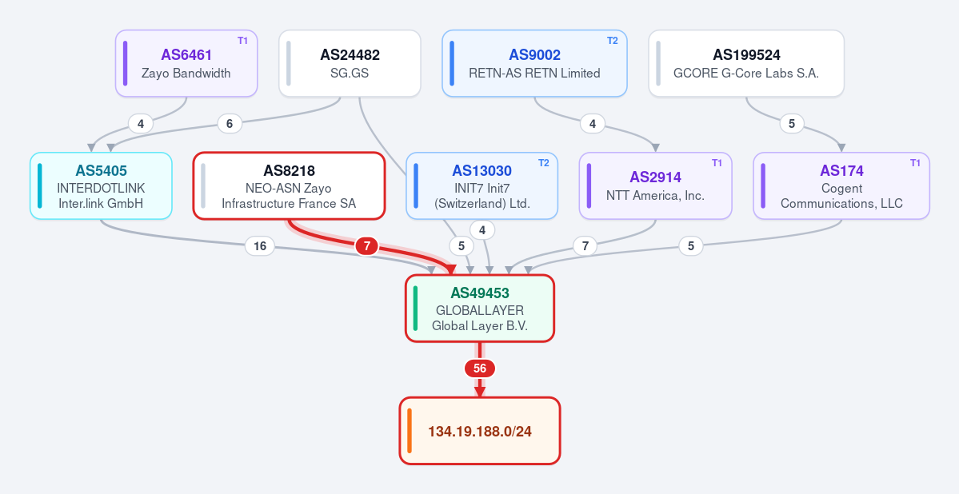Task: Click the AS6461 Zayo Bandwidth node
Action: click(x=186, y=64)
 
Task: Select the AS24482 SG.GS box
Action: click(x=350, y=64)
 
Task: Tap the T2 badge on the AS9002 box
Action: click(x=612, y=41)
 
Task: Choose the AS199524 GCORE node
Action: click(x=746, y=64)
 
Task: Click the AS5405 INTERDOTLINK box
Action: click(x=101, y=186)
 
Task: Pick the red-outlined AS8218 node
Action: click(x=289, y=186)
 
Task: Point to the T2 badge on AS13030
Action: click(x=544, y=163)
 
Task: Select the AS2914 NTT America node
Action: click(x=656, y=186)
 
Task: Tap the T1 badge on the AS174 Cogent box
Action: click(x=915, y=163)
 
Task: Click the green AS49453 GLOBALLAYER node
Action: click(x=480, y=308)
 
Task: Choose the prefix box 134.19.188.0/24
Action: click(x=480, y=431)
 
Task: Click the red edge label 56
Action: click(x=480, y=369)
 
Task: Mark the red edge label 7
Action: click(x=367, y=246)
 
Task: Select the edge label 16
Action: click(x=260, y=246)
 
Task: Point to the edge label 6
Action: click(x=230, y=123)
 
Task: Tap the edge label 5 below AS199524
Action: click(x=792, y=123)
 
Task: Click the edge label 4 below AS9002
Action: click(x=593, y=123)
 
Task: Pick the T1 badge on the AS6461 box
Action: click(x=243, y=41)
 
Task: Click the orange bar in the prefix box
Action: click(x=410, y=431)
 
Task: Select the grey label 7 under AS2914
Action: click(x=585, y=246)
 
